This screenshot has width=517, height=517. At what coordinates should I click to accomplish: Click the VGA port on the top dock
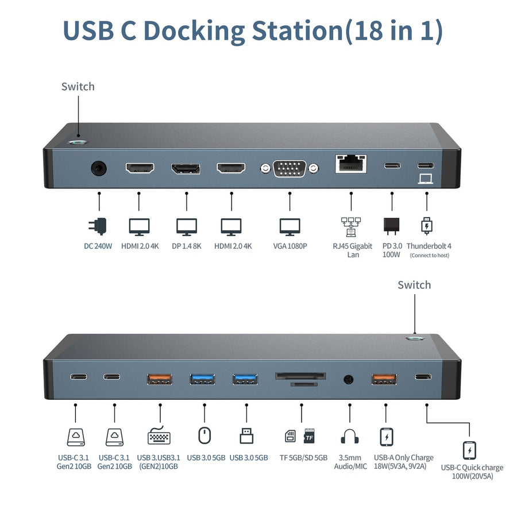click(289, 169)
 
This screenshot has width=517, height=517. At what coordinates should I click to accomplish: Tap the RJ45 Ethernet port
click(350, 165)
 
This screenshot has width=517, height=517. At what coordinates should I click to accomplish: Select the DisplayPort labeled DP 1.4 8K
click(186, 168)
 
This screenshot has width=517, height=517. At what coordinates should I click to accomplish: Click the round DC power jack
click(99, 169)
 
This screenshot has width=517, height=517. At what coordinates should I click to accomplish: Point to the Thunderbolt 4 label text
click(429, 246)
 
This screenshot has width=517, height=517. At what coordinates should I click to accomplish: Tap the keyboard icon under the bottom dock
click(159, 437)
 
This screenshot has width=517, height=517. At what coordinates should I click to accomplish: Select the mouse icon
click(204, 436)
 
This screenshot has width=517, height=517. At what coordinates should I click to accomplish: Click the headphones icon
click(350, 437)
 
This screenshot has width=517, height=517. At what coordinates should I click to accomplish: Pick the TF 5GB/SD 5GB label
click(303, 458)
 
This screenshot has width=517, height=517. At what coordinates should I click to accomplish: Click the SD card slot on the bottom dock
click(301, 377)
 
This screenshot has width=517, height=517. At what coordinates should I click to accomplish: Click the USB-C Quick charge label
click(472, 472)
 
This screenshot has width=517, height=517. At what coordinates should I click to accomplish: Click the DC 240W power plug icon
click(100, 226)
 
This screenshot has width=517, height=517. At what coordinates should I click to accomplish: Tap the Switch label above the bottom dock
click(414, 285)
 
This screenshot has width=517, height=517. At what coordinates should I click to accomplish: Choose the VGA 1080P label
click(290, 246)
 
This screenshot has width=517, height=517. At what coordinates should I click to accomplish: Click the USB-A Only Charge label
click(403, 462)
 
